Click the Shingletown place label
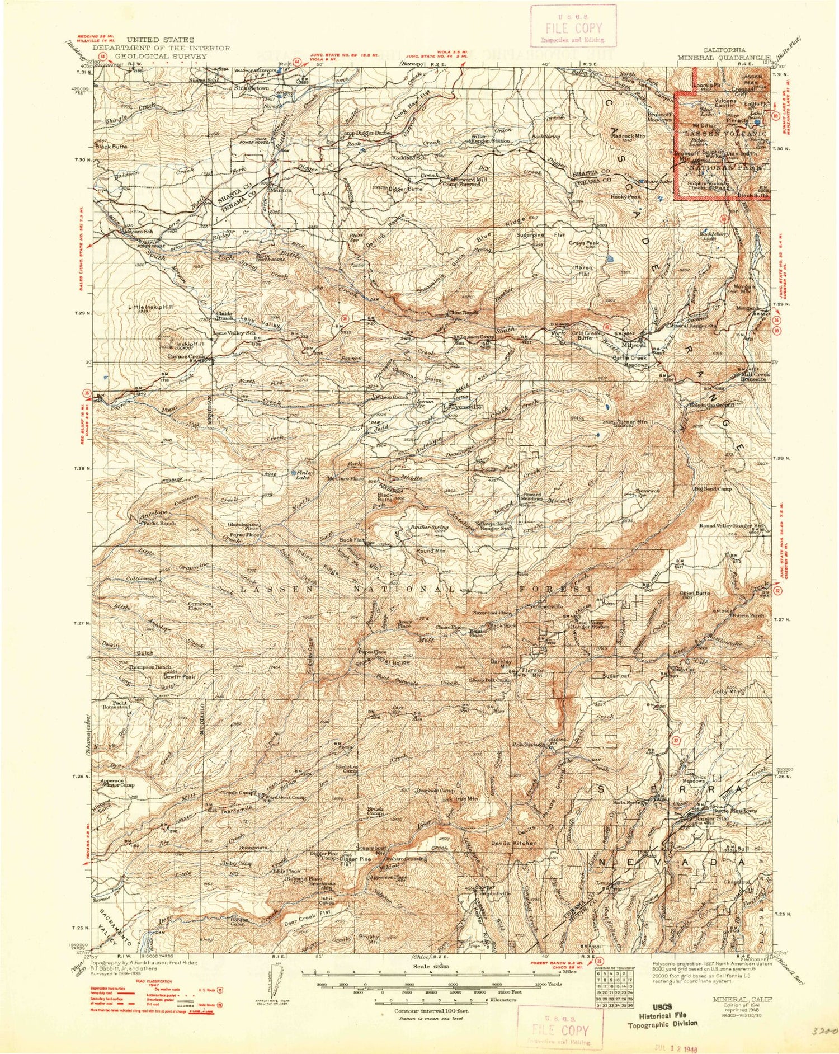(x=251, y=88)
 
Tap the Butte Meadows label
(x=733, y=811)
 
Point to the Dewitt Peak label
(x=180, y=676)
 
